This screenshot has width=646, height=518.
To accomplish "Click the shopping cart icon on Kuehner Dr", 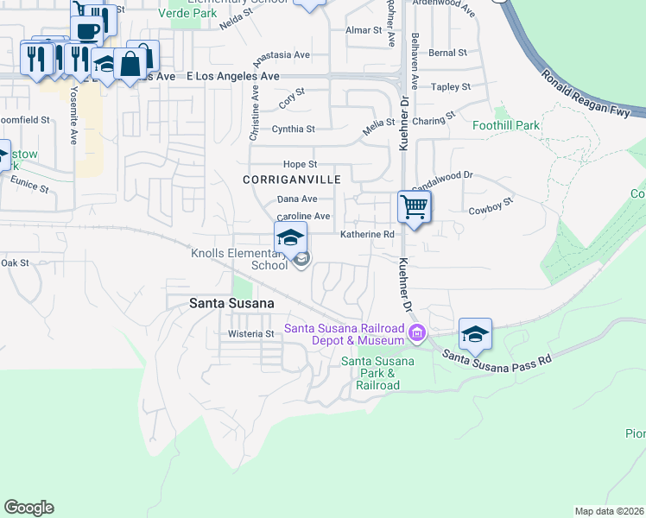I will [415, 207].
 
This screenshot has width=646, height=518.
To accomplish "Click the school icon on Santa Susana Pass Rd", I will [475, 333].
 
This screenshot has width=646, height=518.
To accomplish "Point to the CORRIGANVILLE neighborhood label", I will [292, 180].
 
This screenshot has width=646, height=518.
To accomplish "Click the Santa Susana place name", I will [231, 303].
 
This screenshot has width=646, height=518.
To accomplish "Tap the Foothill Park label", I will [506, 125].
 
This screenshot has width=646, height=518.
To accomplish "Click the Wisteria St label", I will [250, 333].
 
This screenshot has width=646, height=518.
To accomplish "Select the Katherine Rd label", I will [367, 234].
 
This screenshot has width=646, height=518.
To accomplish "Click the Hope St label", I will [301, 164].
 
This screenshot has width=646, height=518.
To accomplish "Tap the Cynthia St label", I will [294, 129].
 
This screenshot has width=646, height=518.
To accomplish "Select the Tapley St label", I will [451, 87].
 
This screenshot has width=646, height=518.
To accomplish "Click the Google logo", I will [28, 508].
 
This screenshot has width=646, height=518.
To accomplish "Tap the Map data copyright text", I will [610, 511].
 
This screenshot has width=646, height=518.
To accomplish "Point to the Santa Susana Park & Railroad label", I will [377, 373].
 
